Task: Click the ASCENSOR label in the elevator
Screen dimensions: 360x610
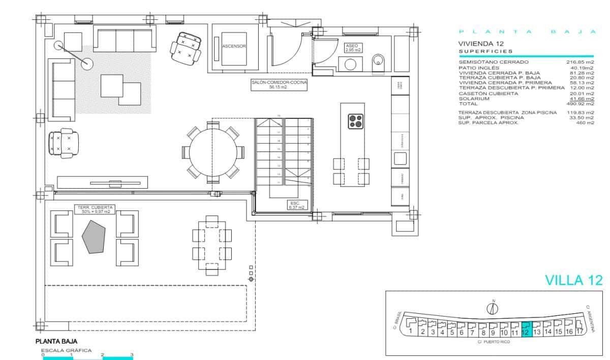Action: coord(234,46)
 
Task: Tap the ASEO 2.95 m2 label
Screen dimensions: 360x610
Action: coord(353,48)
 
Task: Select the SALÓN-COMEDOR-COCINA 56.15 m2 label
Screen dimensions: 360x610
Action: coord(279,84)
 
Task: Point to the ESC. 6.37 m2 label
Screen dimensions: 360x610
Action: coord(296,205)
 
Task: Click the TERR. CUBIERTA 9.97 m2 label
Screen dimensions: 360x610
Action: coord(95,209)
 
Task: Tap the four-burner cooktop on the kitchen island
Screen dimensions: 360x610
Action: coord(355,121)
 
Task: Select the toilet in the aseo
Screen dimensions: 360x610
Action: coord(379,63)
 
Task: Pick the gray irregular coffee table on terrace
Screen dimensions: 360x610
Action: coord(95,236)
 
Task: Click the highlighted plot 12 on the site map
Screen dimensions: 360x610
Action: coord(526,329)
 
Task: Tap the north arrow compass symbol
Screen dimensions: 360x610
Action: coord(492,308)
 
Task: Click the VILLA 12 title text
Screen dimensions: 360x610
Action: coord(573,280)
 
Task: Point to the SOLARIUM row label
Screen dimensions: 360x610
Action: coord(474,99)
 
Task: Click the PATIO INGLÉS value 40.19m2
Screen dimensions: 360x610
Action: coord(582,68)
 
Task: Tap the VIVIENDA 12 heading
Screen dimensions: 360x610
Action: coord(480,44)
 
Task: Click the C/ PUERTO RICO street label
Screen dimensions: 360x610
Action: coord(494,342)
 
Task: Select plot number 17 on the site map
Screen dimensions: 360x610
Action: coord(579,332)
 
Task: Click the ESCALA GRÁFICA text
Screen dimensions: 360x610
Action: coord(66,350)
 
